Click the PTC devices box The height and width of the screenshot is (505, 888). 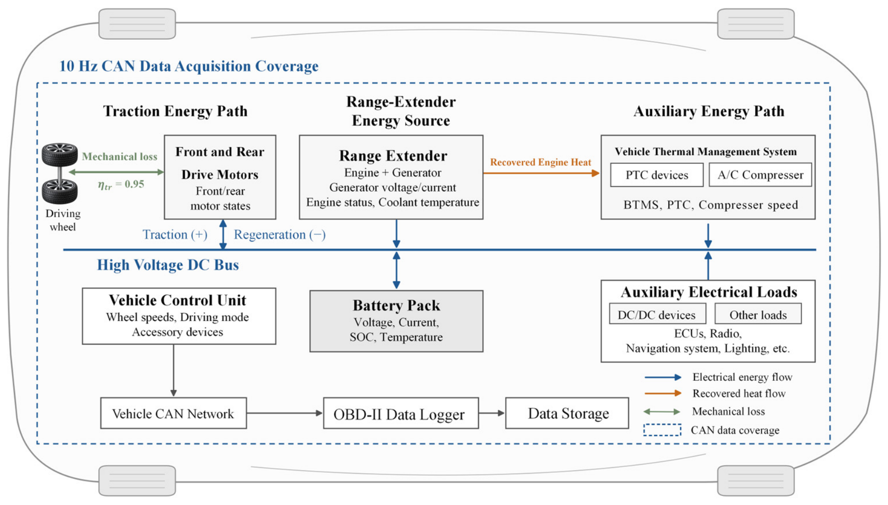coord(656,175)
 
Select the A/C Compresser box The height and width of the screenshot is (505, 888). coord(760,175)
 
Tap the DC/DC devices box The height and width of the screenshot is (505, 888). coord(657,314)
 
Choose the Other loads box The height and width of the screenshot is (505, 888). coord(758,314)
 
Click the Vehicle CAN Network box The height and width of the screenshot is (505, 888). coord(173,413)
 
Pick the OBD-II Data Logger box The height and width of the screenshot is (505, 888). coord(401,413)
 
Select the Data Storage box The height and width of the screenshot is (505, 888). coord(567,413)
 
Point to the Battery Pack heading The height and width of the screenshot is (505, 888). coord(396,305)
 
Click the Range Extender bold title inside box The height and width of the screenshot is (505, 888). coord(393,155)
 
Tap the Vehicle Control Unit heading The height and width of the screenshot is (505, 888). coord(178,300)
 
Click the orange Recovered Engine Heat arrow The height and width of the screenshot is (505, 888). coord(542,173)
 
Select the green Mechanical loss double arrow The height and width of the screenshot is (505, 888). coord(117,172)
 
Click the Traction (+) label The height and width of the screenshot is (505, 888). coord(175,234)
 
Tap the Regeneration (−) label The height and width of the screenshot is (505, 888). coord(280,234)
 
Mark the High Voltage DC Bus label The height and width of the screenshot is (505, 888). coord(168,265)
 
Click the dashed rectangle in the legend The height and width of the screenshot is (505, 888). coord(662,430)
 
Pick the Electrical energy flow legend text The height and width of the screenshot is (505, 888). coord(742,377)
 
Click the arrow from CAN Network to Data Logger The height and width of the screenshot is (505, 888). coord(285,413)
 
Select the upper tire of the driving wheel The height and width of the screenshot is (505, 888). coord(60,154)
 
